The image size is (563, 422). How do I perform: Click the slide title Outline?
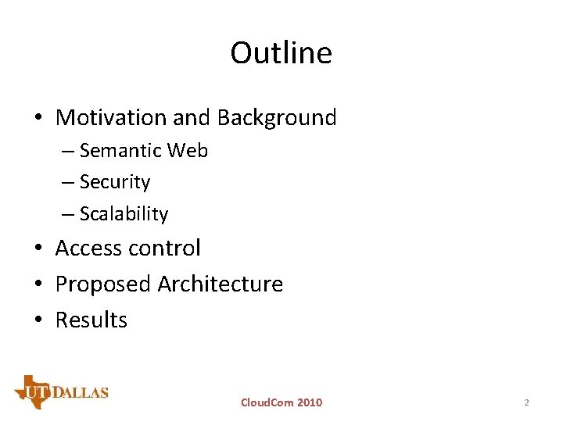pos(281,53)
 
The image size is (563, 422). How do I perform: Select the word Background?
pos(277,118)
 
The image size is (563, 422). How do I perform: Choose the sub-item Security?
pos(115,182)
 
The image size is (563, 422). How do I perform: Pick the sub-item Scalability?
pos(124,214)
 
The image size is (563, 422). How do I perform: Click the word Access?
pos(89,249)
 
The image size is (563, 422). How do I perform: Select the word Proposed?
pos(103,284)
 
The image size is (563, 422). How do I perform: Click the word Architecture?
pos(221,284)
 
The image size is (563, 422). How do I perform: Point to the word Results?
pos(91,320)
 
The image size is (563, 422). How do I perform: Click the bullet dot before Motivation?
pos(38,119)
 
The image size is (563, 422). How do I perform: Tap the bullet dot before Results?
pos(38,320)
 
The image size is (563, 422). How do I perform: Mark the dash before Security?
pos(69,183)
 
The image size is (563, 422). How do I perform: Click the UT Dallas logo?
pos(61,392)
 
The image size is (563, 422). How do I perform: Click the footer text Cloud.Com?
pos(267,402)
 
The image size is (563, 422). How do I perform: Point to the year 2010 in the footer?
pos(309,402)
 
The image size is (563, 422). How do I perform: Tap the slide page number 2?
pos(526,402)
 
